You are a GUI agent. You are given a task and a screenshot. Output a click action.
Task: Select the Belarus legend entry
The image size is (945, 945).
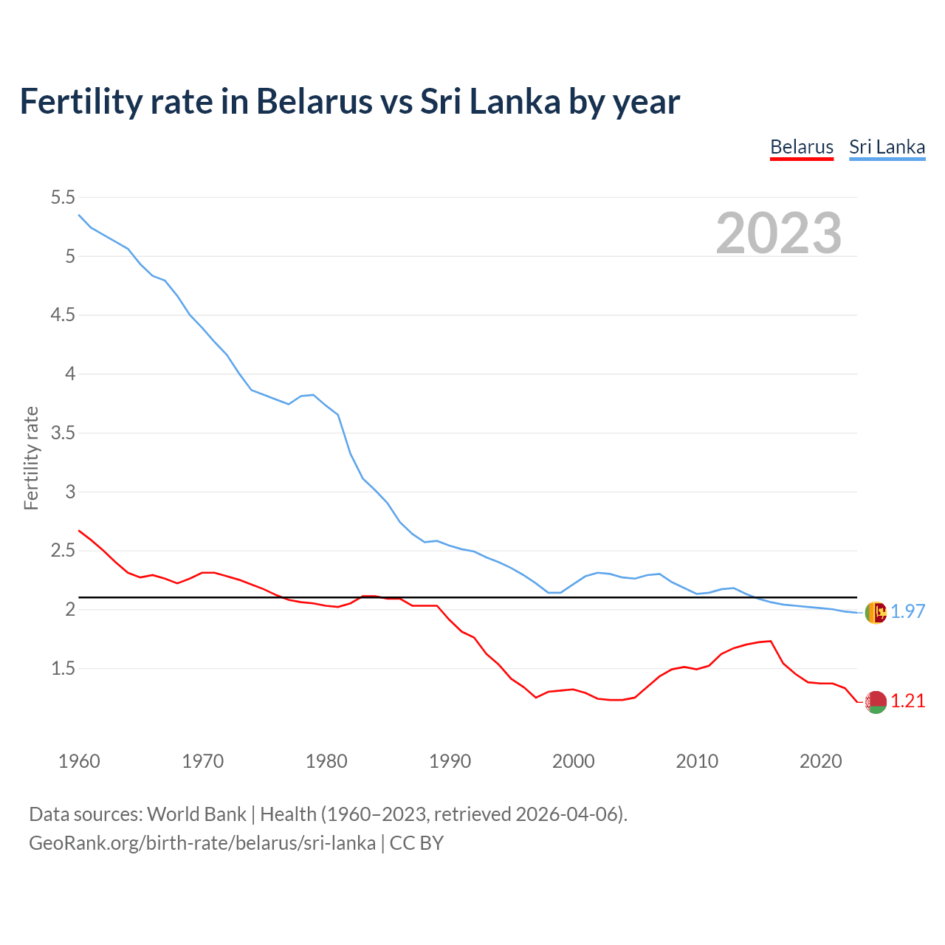coord(801,147)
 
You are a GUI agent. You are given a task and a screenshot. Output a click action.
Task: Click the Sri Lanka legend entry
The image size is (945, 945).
coord(887,147)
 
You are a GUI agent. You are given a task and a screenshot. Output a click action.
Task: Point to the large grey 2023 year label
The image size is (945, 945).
coord(778,233)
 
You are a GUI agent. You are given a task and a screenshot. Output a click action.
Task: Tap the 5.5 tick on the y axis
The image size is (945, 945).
coord(63,197)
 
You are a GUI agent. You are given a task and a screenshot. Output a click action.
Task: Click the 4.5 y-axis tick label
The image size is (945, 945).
coord(63,315)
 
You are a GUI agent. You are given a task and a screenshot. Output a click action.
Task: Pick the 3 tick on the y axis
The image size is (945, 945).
coord(70,492)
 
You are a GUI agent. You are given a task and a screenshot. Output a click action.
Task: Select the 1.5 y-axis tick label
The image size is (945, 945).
coord(63,669)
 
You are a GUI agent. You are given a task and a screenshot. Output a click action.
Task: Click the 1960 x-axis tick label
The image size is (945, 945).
coord(79,761)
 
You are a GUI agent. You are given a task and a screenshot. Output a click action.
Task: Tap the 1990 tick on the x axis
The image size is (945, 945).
coord(450,761)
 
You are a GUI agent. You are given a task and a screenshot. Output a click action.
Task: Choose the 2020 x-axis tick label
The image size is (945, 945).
coord(820,761)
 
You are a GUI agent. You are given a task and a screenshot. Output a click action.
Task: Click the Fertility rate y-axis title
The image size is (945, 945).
coord(31,458)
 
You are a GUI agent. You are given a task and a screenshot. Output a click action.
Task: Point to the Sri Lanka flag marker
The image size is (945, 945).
coord(876,612)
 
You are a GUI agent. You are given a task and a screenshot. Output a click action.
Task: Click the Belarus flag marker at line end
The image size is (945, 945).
coord(876,702)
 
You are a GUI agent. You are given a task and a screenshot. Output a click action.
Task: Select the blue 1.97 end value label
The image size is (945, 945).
coord(907,611)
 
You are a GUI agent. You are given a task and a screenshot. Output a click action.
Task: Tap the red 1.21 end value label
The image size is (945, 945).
coord(907,701)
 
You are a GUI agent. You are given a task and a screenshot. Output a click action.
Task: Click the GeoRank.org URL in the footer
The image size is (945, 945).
coord(202,843)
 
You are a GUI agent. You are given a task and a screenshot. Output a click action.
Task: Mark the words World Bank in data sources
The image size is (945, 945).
coord(196,814)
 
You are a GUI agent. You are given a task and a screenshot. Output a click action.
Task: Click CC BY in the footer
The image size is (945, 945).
coord(416,843)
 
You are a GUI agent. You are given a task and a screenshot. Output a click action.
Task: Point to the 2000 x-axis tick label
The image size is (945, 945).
coord(573,761)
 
